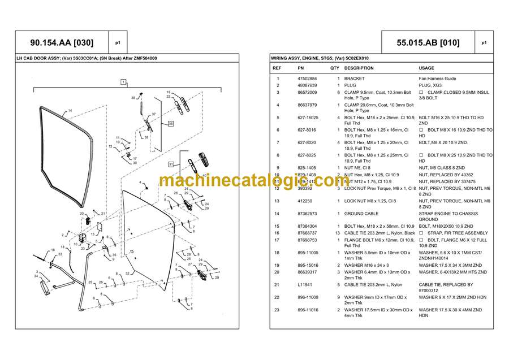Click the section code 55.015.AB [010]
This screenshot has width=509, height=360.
428,42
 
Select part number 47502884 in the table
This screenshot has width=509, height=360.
307,79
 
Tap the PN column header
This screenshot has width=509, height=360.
301,68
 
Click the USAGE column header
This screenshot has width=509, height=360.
426,68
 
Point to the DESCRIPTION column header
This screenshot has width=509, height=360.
359,68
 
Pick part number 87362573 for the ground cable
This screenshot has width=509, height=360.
307,214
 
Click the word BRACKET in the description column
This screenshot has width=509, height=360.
354,79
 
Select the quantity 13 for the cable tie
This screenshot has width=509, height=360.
338,233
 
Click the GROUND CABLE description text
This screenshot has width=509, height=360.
361,214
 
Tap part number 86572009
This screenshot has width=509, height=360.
307,92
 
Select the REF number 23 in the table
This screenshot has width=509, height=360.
277,310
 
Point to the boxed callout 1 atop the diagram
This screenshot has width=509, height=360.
122,82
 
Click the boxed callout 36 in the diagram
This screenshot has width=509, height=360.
155,123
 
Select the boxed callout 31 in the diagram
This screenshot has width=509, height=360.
170,164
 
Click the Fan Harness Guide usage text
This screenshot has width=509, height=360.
437,79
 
